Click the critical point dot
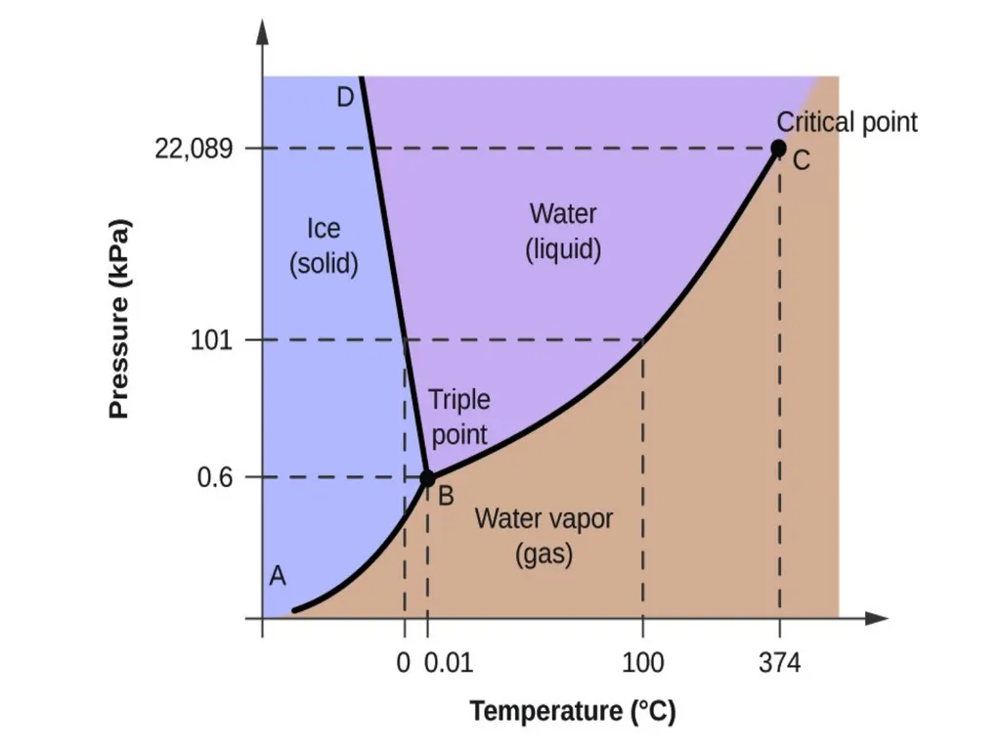778,149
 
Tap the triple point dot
427,477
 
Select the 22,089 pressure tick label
195,150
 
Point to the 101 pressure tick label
212,339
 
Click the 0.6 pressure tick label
215,477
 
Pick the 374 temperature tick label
779,663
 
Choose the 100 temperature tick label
643,663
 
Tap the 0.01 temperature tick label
448,663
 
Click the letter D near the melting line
345,98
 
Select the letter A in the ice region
277,576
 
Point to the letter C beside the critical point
802,160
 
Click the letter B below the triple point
446,496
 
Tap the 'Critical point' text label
847,122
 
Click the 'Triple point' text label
459,417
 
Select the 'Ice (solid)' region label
324,245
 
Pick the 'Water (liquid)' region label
563,231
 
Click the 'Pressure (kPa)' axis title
119,319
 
